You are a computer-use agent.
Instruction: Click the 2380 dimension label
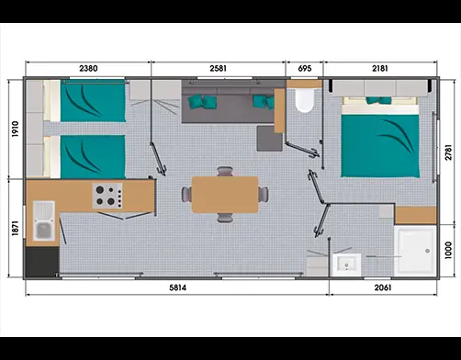(x=88, y=68)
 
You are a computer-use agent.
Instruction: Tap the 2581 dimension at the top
(x=219, y=68)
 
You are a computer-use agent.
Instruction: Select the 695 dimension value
(x=305, y=68)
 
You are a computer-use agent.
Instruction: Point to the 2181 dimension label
(x=380, y=68)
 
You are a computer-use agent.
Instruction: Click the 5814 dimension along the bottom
(x=178, y=287)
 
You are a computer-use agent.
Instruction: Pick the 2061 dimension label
(x=383, y=287)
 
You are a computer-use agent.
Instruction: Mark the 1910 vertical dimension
(x=16, y=129)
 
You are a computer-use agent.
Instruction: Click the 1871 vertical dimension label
(x=16, y=228)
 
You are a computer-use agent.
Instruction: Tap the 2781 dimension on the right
(x=448, y=152)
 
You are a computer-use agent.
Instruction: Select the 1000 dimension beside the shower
(x=448, y=251)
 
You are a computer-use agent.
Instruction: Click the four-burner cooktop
(x=107, y=196)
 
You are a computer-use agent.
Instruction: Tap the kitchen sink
(x=44, y=221)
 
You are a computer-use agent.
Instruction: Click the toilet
(x=304, y=100)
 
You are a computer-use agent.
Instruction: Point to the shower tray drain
(x=427, y=251)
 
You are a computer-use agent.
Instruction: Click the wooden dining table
(x=225, y=195)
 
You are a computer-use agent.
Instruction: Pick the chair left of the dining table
(x=186, y=194)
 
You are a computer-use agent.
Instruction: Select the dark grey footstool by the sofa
(x=269, y=139)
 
